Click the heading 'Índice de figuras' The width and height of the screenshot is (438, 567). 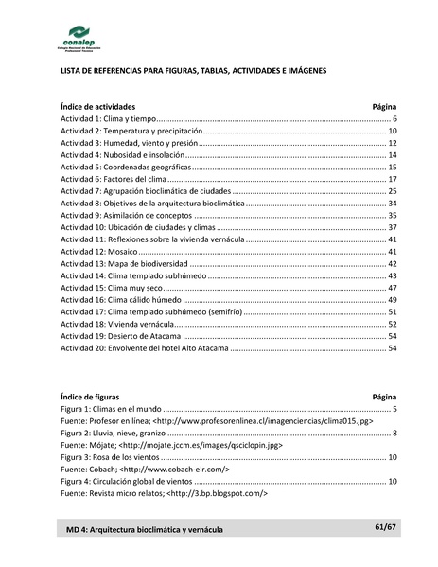point(90,397)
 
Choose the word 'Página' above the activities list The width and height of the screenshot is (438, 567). point(384,107)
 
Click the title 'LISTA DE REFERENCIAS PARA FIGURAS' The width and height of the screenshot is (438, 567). point(193,71)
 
